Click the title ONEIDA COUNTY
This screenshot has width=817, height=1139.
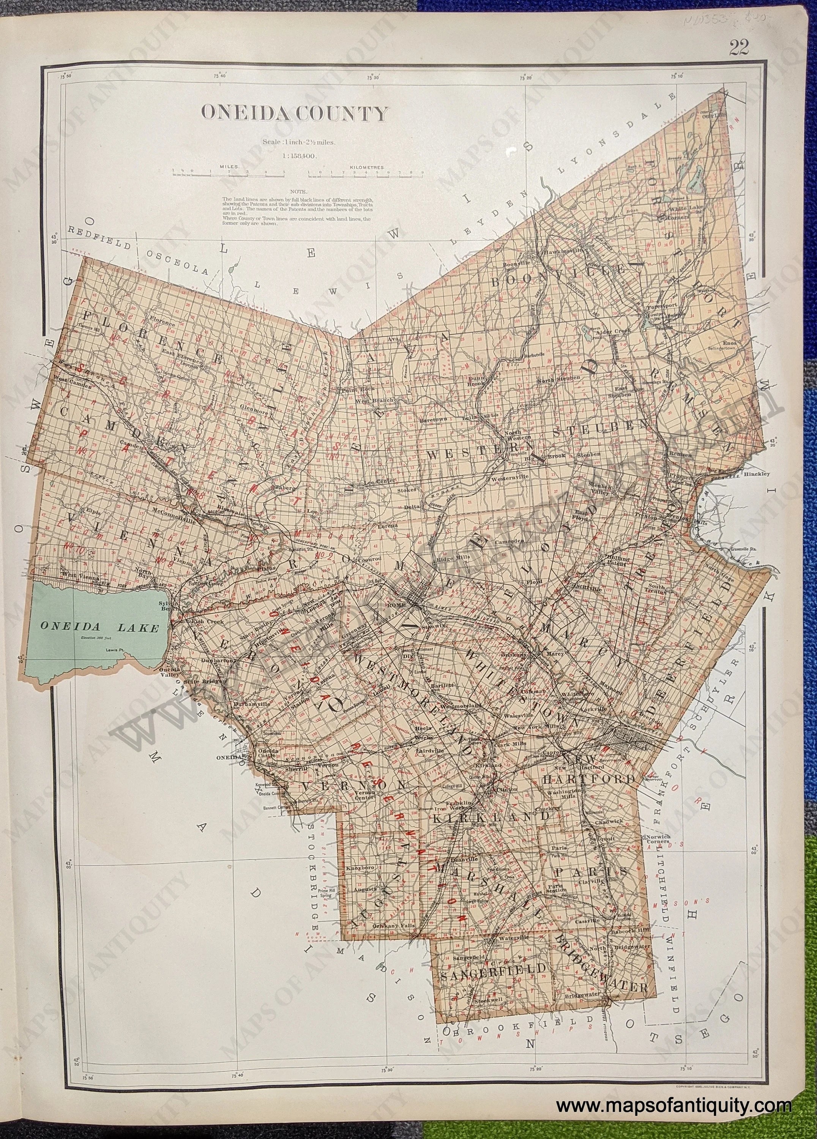tap(295, 114)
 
